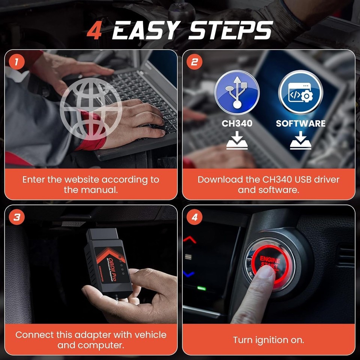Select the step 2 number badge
click(194, 62)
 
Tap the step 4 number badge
click(194, 217)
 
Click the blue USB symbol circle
click(237, 92)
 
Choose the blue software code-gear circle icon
click(301, 92)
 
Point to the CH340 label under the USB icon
click(237, 123)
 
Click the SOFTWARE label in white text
click(301, 123)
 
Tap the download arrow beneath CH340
click(237, 142)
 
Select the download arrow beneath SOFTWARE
click(301, 142)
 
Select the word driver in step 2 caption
click(327, 180)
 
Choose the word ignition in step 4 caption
click(268, 340)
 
